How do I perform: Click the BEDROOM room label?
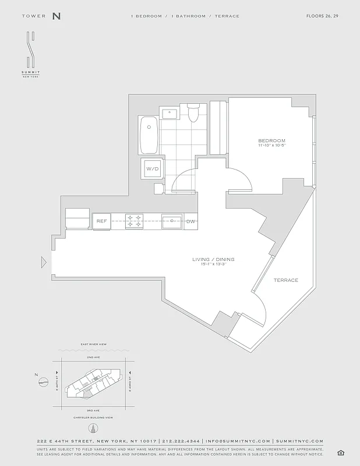[x=272, y=141]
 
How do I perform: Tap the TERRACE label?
[x=286, y=280]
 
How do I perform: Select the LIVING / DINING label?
[x=214, y=259]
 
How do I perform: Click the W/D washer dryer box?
[x=152, y=168]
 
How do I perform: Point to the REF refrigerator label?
[x=101, y=221]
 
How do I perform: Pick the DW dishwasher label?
[x=191, y=221]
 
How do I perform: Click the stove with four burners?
[x=135, y=221]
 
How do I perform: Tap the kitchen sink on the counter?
[x=171, y=221]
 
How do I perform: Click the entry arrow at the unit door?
[x=44, y=262]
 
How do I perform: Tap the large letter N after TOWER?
[x=56, y=16]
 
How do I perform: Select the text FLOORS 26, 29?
[x=322, y=16]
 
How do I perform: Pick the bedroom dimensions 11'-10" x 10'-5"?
[x=272, y=146]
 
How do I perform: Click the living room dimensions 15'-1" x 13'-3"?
[x=214, y=265]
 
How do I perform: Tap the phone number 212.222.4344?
[x=181, y=441]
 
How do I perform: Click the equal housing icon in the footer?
[x=340, y=453]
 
